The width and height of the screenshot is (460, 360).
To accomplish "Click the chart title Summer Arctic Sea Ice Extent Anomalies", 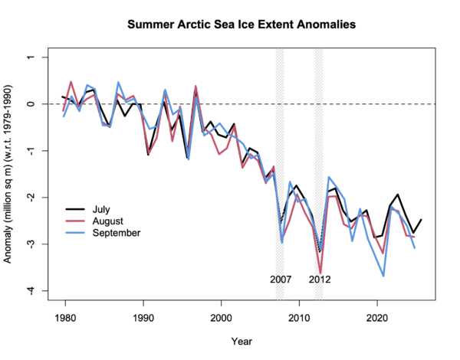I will click(x=242, y=25).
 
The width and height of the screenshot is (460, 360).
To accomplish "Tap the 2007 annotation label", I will click(x=280, y=279).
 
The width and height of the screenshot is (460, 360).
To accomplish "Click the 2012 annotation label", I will click(x=320, y=279).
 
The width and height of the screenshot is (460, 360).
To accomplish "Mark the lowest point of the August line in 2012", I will click(x=320, y=272).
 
